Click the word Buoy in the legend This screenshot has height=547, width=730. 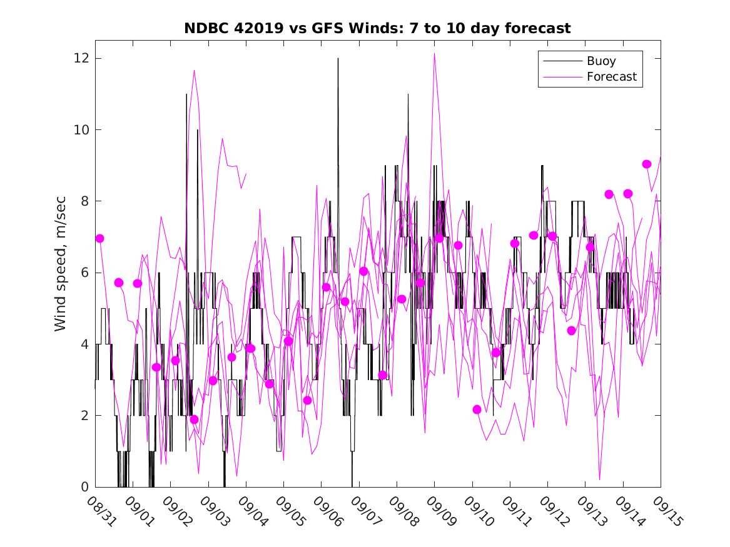(x=601, y=61)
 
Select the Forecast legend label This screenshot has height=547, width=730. (x=611, y=77)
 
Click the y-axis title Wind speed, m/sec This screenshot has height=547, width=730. (x=61, y=272)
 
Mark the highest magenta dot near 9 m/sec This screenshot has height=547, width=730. (x=647, y=164)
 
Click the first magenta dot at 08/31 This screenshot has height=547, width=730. (x=99, y=238)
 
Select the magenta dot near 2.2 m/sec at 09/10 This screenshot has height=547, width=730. (x=477, y=409)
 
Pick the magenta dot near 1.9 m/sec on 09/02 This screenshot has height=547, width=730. (x=194, y=419)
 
